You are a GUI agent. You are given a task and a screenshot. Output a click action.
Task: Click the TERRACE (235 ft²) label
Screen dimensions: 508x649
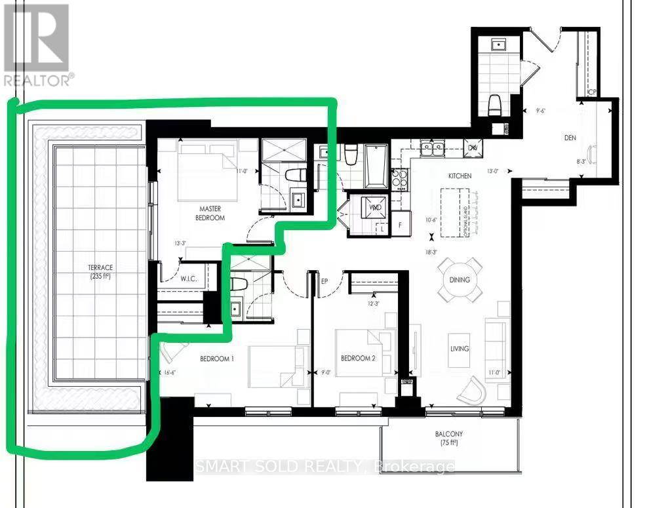coord(102,272)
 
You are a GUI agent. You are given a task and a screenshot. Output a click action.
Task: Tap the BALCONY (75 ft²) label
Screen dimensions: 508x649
coord(449,439)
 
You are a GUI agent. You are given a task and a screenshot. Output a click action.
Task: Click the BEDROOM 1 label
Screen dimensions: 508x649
coord(217,359)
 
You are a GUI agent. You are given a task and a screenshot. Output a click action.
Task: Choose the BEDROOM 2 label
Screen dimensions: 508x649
coord(358,359)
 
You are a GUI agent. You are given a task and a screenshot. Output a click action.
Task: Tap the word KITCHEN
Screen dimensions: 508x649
coord(460,176)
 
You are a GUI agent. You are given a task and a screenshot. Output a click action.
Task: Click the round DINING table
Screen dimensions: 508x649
coord(460,279)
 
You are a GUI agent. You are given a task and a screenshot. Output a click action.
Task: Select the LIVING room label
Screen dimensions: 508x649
coord(460,349)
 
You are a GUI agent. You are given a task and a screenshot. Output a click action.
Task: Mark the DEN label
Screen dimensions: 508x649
coord(570,138)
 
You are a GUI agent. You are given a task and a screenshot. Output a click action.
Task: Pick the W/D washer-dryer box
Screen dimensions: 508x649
coord(375,208)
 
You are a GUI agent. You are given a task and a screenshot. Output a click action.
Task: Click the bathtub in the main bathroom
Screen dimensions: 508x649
coord(376,166)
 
